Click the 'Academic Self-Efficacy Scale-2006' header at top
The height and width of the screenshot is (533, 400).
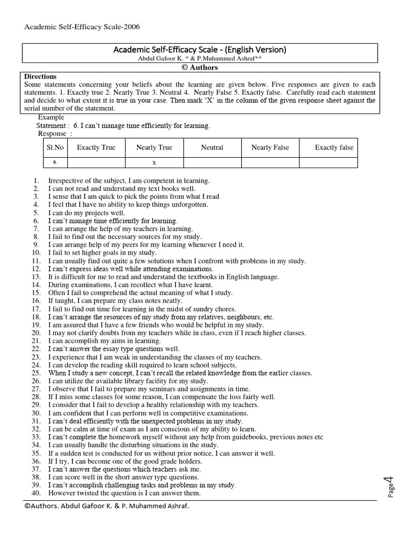pos(82,27)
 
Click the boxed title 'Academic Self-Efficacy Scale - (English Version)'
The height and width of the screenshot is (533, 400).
pos(199,49)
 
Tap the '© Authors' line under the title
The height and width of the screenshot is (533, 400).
pos(199,68)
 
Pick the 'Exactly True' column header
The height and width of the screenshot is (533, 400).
pos(96,147)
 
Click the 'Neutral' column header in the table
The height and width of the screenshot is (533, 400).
pos(212,147)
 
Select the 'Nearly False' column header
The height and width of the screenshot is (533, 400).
pos(270,147)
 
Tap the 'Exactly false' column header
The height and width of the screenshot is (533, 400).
pos(334,147)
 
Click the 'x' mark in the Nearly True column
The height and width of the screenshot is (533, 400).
pos(154,162)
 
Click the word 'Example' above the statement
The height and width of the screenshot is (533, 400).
pos(51,117)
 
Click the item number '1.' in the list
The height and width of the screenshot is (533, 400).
pos(36,181)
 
